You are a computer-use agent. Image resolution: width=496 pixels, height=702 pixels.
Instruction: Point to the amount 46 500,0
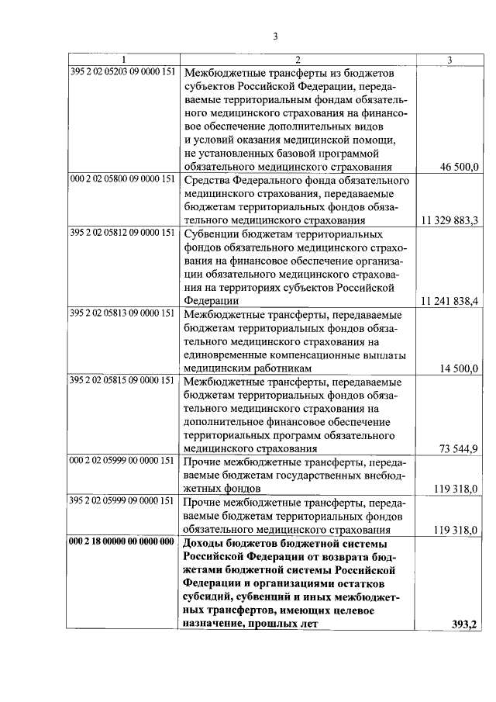[x=460, y=166]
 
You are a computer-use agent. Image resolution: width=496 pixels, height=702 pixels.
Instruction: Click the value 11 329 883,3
[x=449, y=220]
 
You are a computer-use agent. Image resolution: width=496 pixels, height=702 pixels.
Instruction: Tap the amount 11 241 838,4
[x=449, y=301]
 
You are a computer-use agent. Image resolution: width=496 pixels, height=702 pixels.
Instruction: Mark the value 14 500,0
[x=460, y=368]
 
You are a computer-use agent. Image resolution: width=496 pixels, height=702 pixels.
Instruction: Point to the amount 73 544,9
[x=460, y=449]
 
